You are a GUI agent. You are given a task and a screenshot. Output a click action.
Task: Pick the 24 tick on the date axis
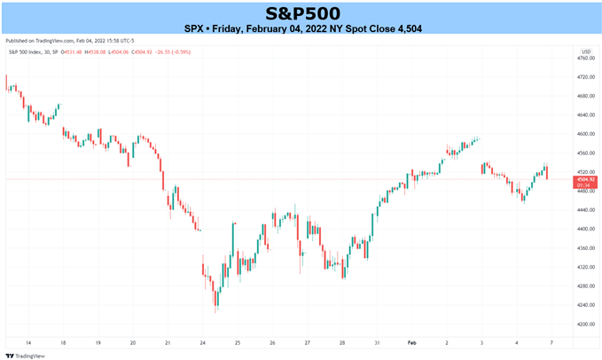pyautogui.click(x=202, y=341)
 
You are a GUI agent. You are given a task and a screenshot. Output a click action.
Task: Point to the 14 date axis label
pyautogui.click(x=30, y=341)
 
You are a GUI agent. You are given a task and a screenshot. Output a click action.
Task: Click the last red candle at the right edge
pyautogui.click(x=547, y=172)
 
